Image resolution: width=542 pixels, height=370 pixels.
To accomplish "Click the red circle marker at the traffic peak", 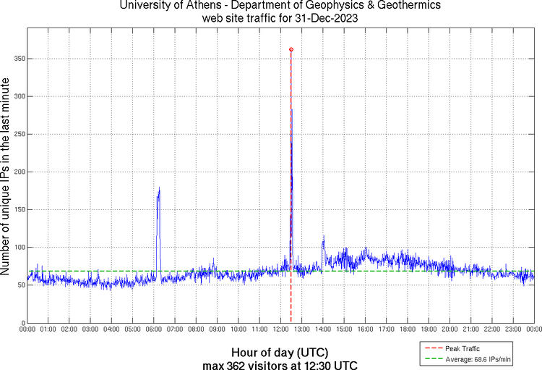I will tap(291, 49).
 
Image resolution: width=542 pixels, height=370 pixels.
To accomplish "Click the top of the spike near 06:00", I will tap(159, 188).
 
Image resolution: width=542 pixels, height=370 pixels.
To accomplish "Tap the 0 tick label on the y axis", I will tap(22, 323).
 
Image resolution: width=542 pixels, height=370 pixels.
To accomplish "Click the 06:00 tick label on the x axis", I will tap(154, 329).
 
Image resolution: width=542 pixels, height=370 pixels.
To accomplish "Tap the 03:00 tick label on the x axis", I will tap(90, 329).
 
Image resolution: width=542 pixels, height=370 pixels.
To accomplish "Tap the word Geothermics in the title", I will tap(392, 6).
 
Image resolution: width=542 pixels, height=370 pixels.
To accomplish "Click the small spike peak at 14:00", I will tap(323, 236).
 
